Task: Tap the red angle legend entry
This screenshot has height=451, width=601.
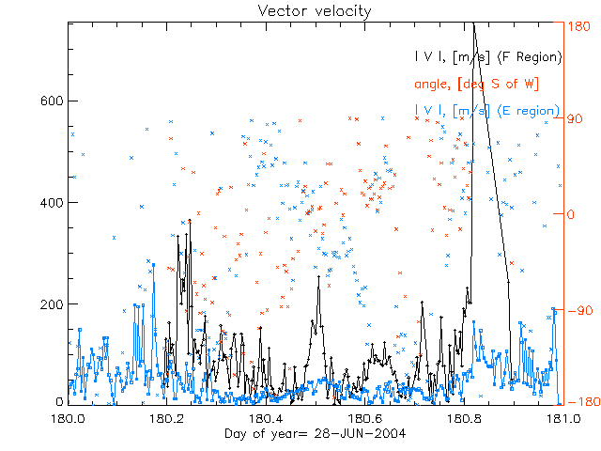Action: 476,84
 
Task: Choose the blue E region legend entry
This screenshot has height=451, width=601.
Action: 487,111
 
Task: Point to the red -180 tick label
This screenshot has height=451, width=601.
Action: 582,402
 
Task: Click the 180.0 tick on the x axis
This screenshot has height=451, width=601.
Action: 68,418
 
